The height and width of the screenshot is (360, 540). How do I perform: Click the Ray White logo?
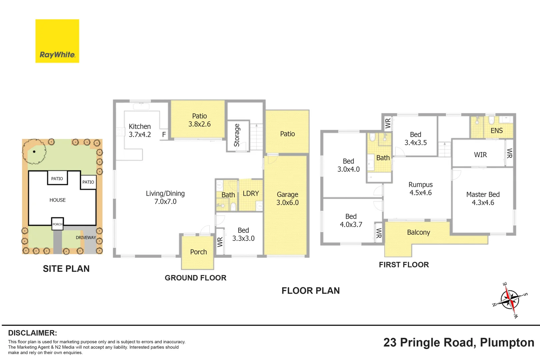click(x=57, y=41)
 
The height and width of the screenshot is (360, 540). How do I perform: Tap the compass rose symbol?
click(x=510, y=300)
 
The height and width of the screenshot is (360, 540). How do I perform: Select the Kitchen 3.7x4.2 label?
click(x=140, y=130)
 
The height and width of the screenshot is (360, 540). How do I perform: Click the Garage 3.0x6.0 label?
click(x=287, y=198)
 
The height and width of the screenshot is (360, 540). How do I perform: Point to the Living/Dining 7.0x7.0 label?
click(x=165, y=197)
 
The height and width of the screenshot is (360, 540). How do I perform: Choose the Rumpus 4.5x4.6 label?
click(x=420, y=189)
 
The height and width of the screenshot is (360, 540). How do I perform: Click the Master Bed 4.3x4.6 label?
click(x=483, y=198)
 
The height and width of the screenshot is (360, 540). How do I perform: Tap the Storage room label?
click(x=237, y=135)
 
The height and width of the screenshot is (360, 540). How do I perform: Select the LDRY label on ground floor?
click(x=251, y=193)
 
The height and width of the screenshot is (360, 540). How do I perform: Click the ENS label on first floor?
click(x=497, y=131)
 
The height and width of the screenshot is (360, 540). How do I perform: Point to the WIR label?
click(x=480, y=155)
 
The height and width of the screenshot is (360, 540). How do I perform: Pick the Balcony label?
click(x=419, y=232)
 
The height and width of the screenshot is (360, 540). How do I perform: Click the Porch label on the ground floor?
click(x=198, y=252)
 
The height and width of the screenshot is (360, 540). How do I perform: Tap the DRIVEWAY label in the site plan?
click(x=86, y=238)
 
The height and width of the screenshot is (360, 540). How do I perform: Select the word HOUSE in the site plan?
click(x=57, y=200)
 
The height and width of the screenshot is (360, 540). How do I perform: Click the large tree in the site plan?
click(x=34, y=151)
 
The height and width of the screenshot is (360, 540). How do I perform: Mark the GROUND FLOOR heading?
click(x=196, y=278)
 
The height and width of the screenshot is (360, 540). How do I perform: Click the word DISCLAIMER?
click(x=33, y=333)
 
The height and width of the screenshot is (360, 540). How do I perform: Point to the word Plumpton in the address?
click(x=507, y=343)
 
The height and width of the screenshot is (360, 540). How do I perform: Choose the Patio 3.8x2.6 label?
click(x=199, y=120)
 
